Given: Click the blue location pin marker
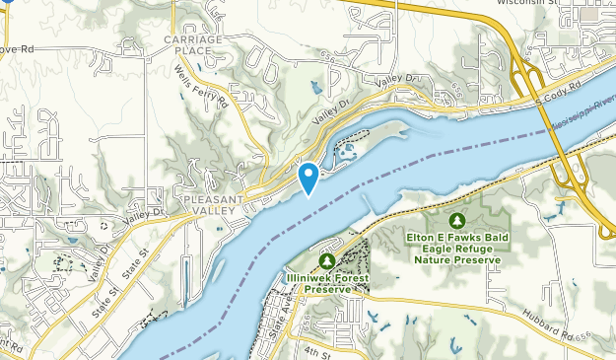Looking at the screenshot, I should (x=308, y=177).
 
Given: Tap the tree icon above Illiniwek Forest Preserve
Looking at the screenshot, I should (x=326, y=259).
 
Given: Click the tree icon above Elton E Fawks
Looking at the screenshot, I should (x=455, y=220).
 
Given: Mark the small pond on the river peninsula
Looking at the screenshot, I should (x=347, y=152).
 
